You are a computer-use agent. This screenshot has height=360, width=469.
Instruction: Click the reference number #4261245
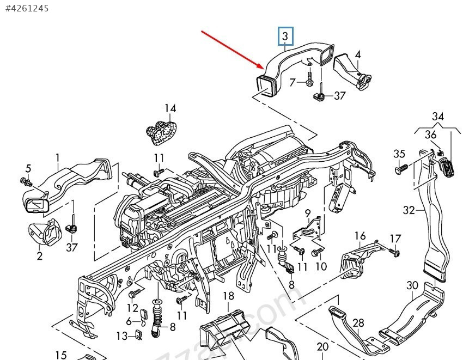(27, 8)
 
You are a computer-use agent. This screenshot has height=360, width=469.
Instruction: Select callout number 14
(170, 108)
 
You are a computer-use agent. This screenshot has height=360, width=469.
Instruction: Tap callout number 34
(438, 116)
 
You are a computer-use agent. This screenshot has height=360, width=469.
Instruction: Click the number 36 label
(431, 135)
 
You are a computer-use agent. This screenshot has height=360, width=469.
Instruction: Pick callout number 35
(399, 154)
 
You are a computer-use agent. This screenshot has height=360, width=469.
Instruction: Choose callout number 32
(409, 210)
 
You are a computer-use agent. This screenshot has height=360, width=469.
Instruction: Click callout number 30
(412, 285)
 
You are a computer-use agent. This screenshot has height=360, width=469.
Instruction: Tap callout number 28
(358, 323)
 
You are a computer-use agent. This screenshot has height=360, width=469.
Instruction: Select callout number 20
(322, 346)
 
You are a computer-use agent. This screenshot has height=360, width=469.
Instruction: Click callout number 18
(228, 296)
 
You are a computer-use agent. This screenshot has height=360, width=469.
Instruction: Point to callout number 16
(360, 236)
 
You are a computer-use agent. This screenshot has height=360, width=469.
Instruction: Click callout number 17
(395, 239)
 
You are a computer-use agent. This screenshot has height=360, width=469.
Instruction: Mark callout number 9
(307, 212)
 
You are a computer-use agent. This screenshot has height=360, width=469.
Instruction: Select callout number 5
(28, 168)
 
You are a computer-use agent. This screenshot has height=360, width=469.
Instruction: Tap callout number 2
(40, 255)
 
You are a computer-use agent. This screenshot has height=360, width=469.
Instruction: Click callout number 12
(133, 308)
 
